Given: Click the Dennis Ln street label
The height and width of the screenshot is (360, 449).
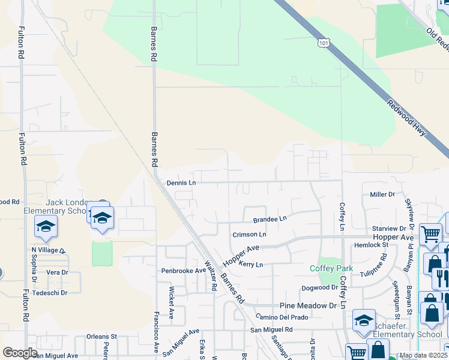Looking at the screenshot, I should point(181,182).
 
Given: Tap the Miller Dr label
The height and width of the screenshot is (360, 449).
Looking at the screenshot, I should point(382,194).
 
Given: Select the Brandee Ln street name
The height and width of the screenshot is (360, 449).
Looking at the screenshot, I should point(270,220).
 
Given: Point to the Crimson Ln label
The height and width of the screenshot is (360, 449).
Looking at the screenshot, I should point(249,235).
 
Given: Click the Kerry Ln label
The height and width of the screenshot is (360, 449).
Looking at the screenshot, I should point(251,265).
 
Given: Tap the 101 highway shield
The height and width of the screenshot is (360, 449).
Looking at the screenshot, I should point(324,43).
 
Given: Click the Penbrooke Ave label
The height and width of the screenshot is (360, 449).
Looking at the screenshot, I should point(183,271).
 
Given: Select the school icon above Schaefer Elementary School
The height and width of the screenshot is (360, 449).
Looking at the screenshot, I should point(364,320).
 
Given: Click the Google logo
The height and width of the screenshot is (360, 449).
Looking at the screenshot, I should point(20,353).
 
